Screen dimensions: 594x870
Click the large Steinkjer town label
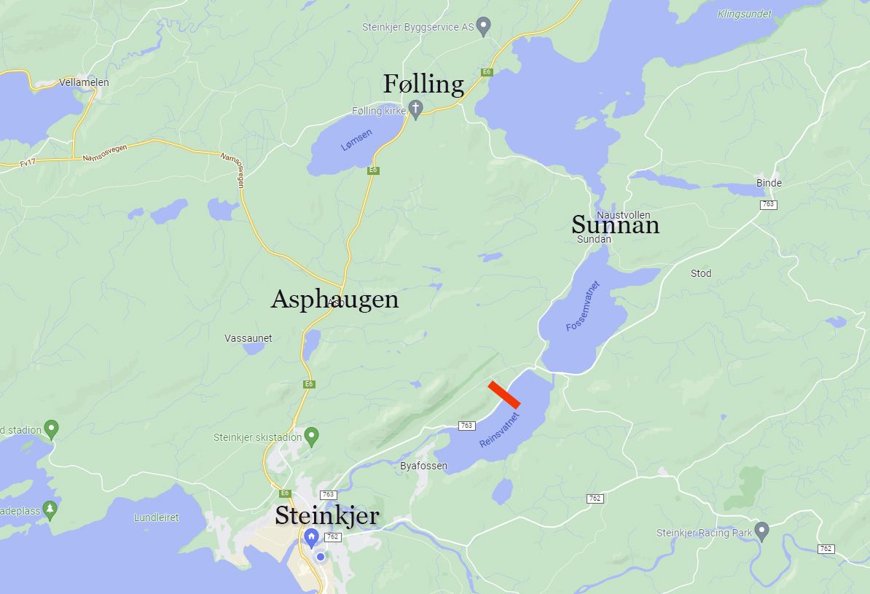326,516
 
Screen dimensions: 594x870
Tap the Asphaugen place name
334,299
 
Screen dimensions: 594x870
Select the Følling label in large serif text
423,85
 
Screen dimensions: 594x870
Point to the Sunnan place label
615,224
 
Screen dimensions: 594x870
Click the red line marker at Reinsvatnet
504,394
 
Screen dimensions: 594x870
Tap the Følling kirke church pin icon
415,109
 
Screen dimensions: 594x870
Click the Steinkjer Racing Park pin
761,531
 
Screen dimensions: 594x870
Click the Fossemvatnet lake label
583,306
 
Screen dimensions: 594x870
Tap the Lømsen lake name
356,140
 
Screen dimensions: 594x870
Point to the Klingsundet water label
745,13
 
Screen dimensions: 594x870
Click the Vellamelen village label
84,82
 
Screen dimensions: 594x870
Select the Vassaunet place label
248,338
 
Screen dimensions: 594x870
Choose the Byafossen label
423,466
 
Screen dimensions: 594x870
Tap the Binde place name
769,183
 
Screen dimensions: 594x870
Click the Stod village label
701,273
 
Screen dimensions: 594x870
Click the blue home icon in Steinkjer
311,539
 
